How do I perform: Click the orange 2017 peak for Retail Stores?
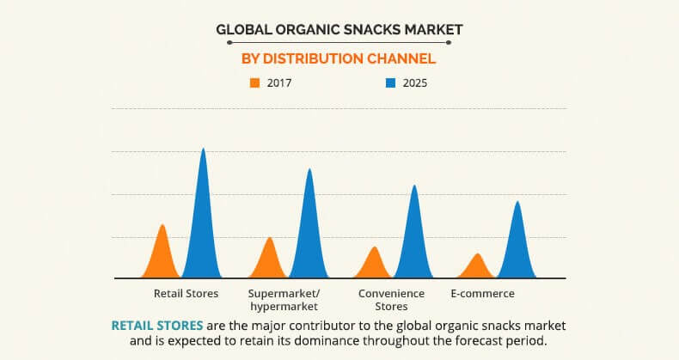click(x=162, y=255)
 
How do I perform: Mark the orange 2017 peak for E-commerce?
click(x=477, y=268)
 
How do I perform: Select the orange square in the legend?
click(x=254, y=83)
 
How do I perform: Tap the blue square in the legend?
click(x=390, y=83)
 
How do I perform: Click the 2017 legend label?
click(x=279, y=83)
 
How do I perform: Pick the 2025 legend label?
click(x=415, y=83)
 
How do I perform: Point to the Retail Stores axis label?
click(x=186, y=293)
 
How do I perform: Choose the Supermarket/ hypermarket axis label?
click(x=284, y=300)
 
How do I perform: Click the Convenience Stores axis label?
click(x=391, y=300)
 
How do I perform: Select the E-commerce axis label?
click(x=482, y=293)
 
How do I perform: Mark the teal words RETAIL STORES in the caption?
click(x=157, y=326)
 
